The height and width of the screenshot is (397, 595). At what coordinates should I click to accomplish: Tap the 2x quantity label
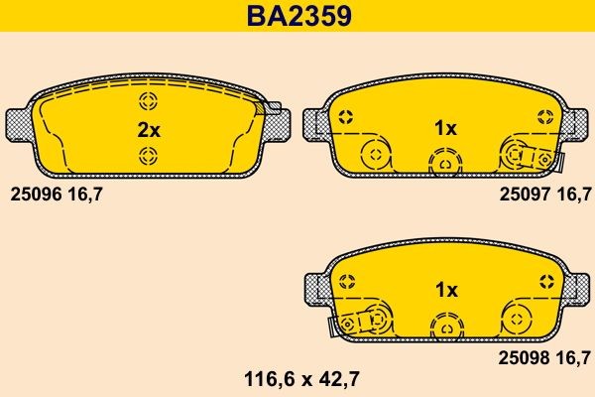[x=148, y=129]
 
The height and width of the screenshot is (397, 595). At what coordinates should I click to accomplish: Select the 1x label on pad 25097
[x=445, y=129]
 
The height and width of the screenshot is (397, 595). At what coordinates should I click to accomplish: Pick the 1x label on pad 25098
[x=445, y=290]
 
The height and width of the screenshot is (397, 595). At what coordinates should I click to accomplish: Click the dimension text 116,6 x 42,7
[x=297, y=377]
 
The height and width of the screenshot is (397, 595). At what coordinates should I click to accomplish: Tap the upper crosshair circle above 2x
[x=149, y=101]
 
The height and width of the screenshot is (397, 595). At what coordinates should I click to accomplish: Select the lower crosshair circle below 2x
[x=149, y=154]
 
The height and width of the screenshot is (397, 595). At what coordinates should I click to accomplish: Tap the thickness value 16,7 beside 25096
[x=85, y=195]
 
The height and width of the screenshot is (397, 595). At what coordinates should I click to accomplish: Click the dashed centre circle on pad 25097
[x=445, y=160]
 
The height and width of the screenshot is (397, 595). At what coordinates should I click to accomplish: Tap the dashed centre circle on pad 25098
[x=445, y=323]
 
